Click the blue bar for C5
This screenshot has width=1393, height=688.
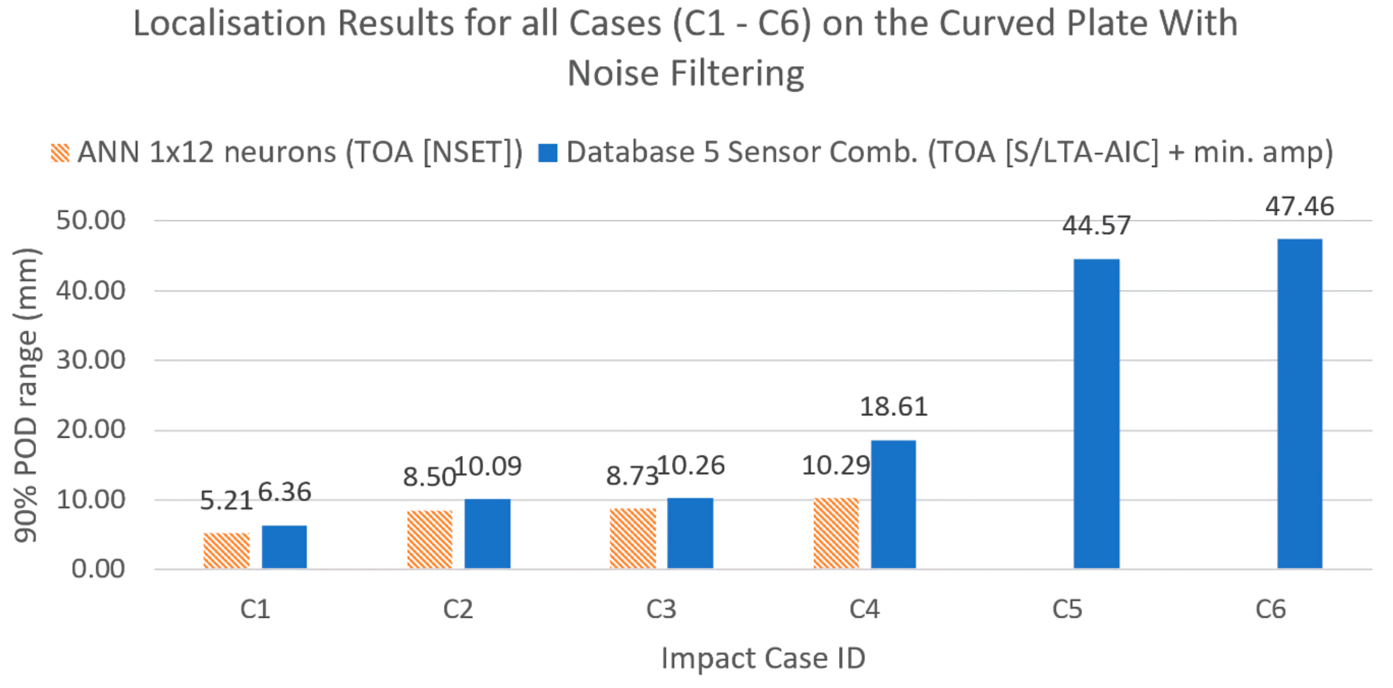[1096, 413]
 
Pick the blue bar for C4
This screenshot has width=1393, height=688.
[893, 504]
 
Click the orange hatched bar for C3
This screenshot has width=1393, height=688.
[633, 538]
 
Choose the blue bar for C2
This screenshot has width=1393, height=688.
[487, 533]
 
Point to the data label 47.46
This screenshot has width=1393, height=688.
[1299, 206]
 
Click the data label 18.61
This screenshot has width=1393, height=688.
[893, 407]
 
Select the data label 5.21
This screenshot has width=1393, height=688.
[226, 501]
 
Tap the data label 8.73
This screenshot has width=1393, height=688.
[631, 476]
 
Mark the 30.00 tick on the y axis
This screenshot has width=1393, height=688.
[91, 360]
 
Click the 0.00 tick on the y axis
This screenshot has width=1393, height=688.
[98, 569]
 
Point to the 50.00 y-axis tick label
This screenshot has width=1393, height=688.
[91, 220]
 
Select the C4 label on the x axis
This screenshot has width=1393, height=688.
[864, 610]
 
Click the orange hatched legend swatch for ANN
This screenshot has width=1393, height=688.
[60, 153]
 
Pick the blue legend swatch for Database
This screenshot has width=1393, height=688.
[548, 153]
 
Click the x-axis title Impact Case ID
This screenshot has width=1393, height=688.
[763, 658]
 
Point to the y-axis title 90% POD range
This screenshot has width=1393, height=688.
[26, 395]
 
